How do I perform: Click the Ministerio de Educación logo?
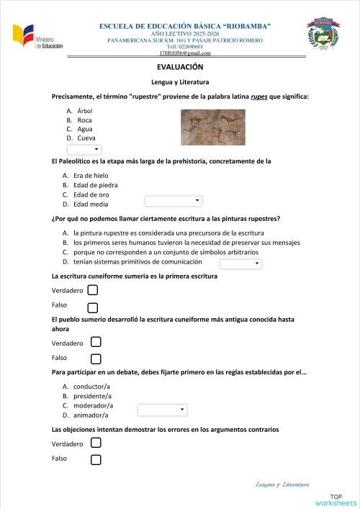[x=37, y=37]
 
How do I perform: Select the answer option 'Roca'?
[x=84, y=120]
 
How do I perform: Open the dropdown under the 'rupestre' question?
[x=84, y=149]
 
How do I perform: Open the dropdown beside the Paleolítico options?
[x=174, y=201]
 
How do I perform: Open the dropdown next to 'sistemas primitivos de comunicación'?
[x=240, y=264]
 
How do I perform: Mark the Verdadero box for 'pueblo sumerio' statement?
[x=96, y=342]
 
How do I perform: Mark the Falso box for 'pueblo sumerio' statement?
[x=96, y=359]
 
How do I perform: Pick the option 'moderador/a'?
[x=92, y=405]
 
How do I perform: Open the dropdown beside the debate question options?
[x=162, y=410]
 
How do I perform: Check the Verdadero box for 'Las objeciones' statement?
[x=96, y=443]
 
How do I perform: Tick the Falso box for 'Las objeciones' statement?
[x=96, y=459]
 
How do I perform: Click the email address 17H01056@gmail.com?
[x=185, y=53]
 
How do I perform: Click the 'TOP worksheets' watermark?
[x=343, y=500]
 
